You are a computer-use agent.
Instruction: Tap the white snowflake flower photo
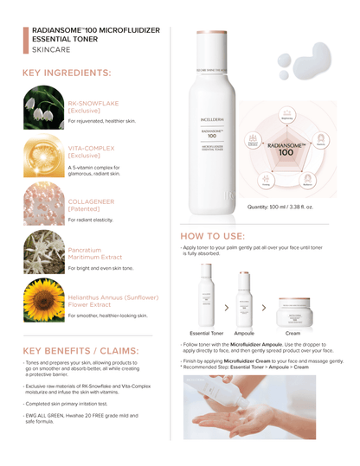[x=42, y=108]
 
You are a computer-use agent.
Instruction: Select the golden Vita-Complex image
[x=42, y=156]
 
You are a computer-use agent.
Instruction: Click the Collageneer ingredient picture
[x=42, y=205]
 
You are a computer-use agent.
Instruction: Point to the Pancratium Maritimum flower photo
[x=42, y=252]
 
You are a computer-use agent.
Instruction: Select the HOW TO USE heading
[x=212, y=235]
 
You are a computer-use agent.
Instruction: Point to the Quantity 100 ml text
[x=281, y=207]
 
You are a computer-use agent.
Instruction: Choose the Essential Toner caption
[x=208, y=332]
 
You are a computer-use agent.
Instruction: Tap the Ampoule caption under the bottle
[x=244, y=332]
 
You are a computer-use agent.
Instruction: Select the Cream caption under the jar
[x=292, y=332]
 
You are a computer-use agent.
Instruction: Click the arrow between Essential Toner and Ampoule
[x=227, y=307]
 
